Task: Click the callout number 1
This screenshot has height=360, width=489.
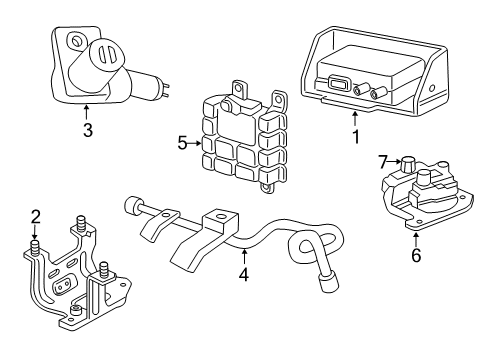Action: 353,136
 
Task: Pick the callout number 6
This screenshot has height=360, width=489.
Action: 415,255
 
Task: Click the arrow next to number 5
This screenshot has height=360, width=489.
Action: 197,143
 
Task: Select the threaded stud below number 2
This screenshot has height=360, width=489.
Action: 36,246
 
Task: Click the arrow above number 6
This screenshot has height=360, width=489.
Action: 415,238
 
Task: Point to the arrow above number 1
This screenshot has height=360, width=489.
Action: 353,119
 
